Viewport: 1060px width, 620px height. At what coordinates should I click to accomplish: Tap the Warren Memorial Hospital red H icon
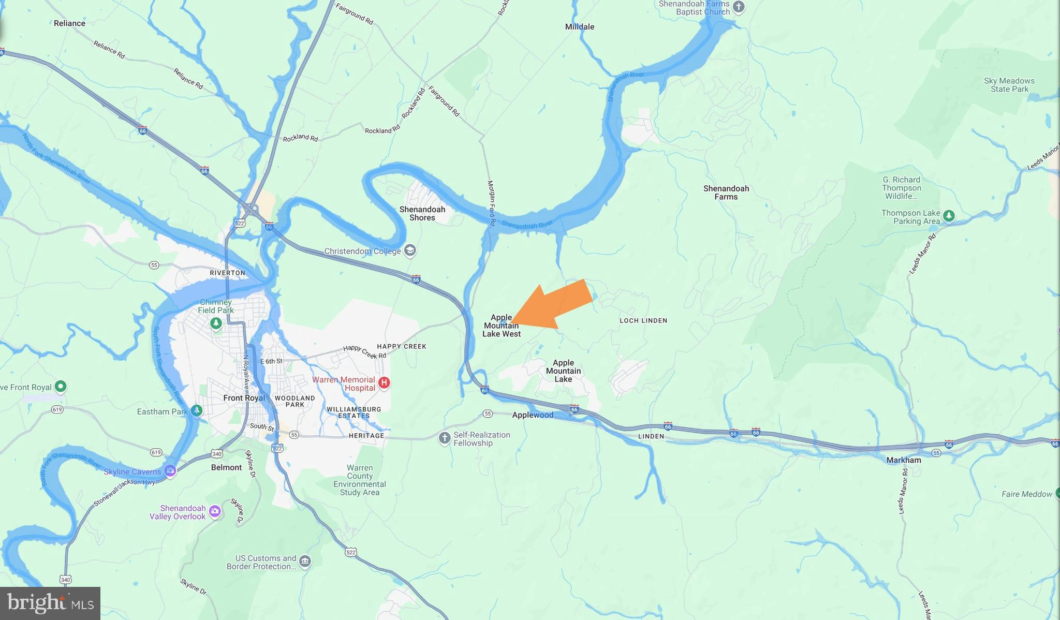(384, 383)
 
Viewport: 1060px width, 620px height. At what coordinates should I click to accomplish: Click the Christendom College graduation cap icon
(410, 251)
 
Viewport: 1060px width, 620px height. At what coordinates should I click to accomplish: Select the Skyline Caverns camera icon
(170, 471)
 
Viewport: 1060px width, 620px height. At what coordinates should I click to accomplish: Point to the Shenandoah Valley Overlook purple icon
(215, 512)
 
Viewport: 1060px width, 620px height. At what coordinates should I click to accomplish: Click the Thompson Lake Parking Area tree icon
(949, 216)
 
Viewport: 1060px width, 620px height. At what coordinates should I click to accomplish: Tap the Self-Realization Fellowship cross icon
(444, 438)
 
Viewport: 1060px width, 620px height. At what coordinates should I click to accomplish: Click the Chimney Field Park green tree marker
(216, 323)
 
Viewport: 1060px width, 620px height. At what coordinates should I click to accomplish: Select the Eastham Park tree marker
(196, 410)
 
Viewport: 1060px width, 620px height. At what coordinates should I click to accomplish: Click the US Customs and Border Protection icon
(305, 562)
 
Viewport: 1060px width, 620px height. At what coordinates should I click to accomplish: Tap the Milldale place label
(579, 27)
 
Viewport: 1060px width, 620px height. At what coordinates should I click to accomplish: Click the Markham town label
(903, 460)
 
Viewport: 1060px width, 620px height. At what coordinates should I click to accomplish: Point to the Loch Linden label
(643, 320)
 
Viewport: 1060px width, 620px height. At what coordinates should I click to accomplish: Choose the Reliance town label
(69, 23)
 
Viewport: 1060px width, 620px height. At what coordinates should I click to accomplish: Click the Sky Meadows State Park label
(1009, 85)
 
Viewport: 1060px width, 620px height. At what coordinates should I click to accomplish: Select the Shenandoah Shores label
(422, 213)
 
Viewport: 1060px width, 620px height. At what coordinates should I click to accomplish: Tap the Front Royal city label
(244, 398)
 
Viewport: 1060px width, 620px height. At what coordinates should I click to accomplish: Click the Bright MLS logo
(50, 603)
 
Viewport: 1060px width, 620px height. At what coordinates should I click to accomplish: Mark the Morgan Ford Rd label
(492, 203)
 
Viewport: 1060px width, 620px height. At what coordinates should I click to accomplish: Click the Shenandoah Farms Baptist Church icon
(739, 7)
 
